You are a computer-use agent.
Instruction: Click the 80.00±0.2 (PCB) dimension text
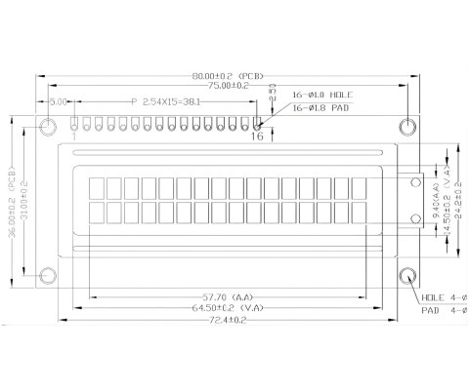tap(227, 74)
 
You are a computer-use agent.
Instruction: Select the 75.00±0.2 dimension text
tap(227, 86)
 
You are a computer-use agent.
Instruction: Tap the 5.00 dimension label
tap(58, 100)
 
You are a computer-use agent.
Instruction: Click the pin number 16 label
tap(257, 136)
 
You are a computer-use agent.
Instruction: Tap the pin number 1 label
tap(75, 136)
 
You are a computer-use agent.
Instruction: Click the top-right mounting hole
tap(408, 127)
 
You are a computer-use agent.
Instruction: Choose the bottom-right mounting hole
tap(408, 275)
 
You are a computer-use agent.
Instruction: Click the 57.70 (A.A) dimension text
tap(227, 294)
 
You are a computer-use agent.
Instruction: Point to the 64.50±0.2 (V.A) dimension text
tap(227, 307)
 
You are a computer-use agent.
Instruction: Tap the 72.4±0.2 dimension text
tap(227, 319)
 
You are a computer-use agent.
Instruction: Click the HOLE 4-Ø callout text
tap(443, 296)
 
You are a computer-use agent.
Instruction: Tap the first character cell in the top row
tap(98, 187)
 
